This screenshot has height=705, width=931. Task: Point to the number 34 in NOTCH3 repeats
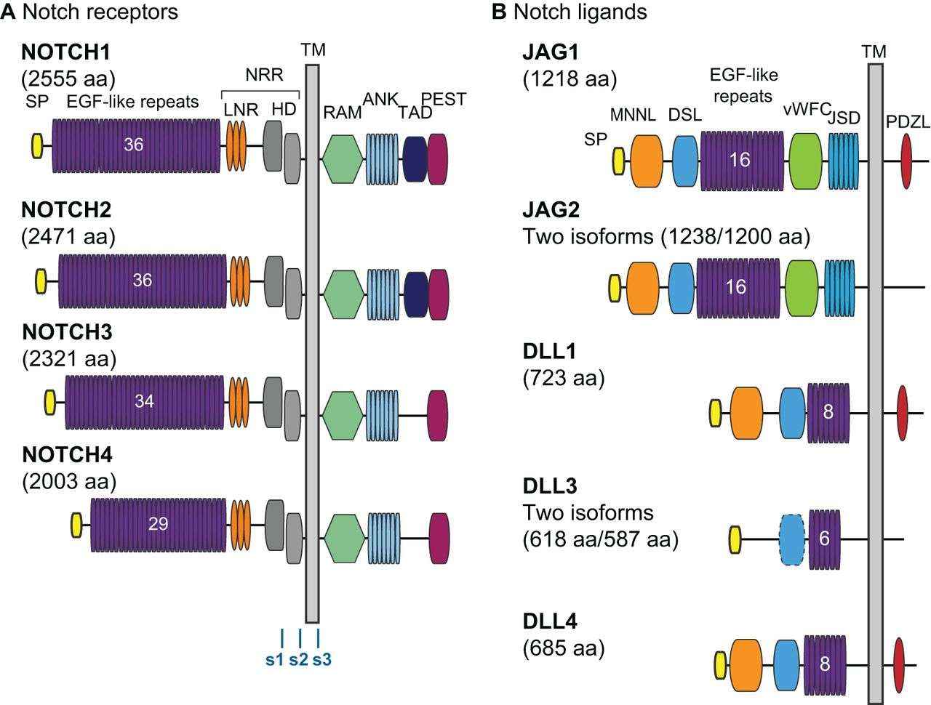144,400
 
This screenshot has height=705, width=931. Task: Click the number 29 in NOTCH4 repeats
158,523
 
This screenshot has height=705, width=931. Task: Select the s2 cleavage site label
299,660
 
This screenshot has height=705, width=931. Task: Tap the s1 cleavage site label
275,660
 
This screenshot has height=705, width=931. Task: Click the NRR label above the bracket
263,75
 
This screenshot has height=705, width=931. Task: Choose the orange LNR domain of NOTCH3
239,401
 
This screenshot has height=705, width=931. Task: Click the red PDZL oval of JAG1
906,161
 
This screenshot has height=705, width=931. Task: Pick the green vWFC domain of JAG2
802,288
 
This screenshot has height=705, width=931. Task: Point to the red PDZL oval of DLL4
900,664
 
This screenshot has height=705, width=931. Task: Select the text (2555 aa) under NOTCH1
68,78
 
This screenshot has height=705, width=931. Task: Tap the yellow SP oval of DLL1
716,413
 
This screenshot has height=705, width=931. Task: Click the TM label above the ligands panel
874,51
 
